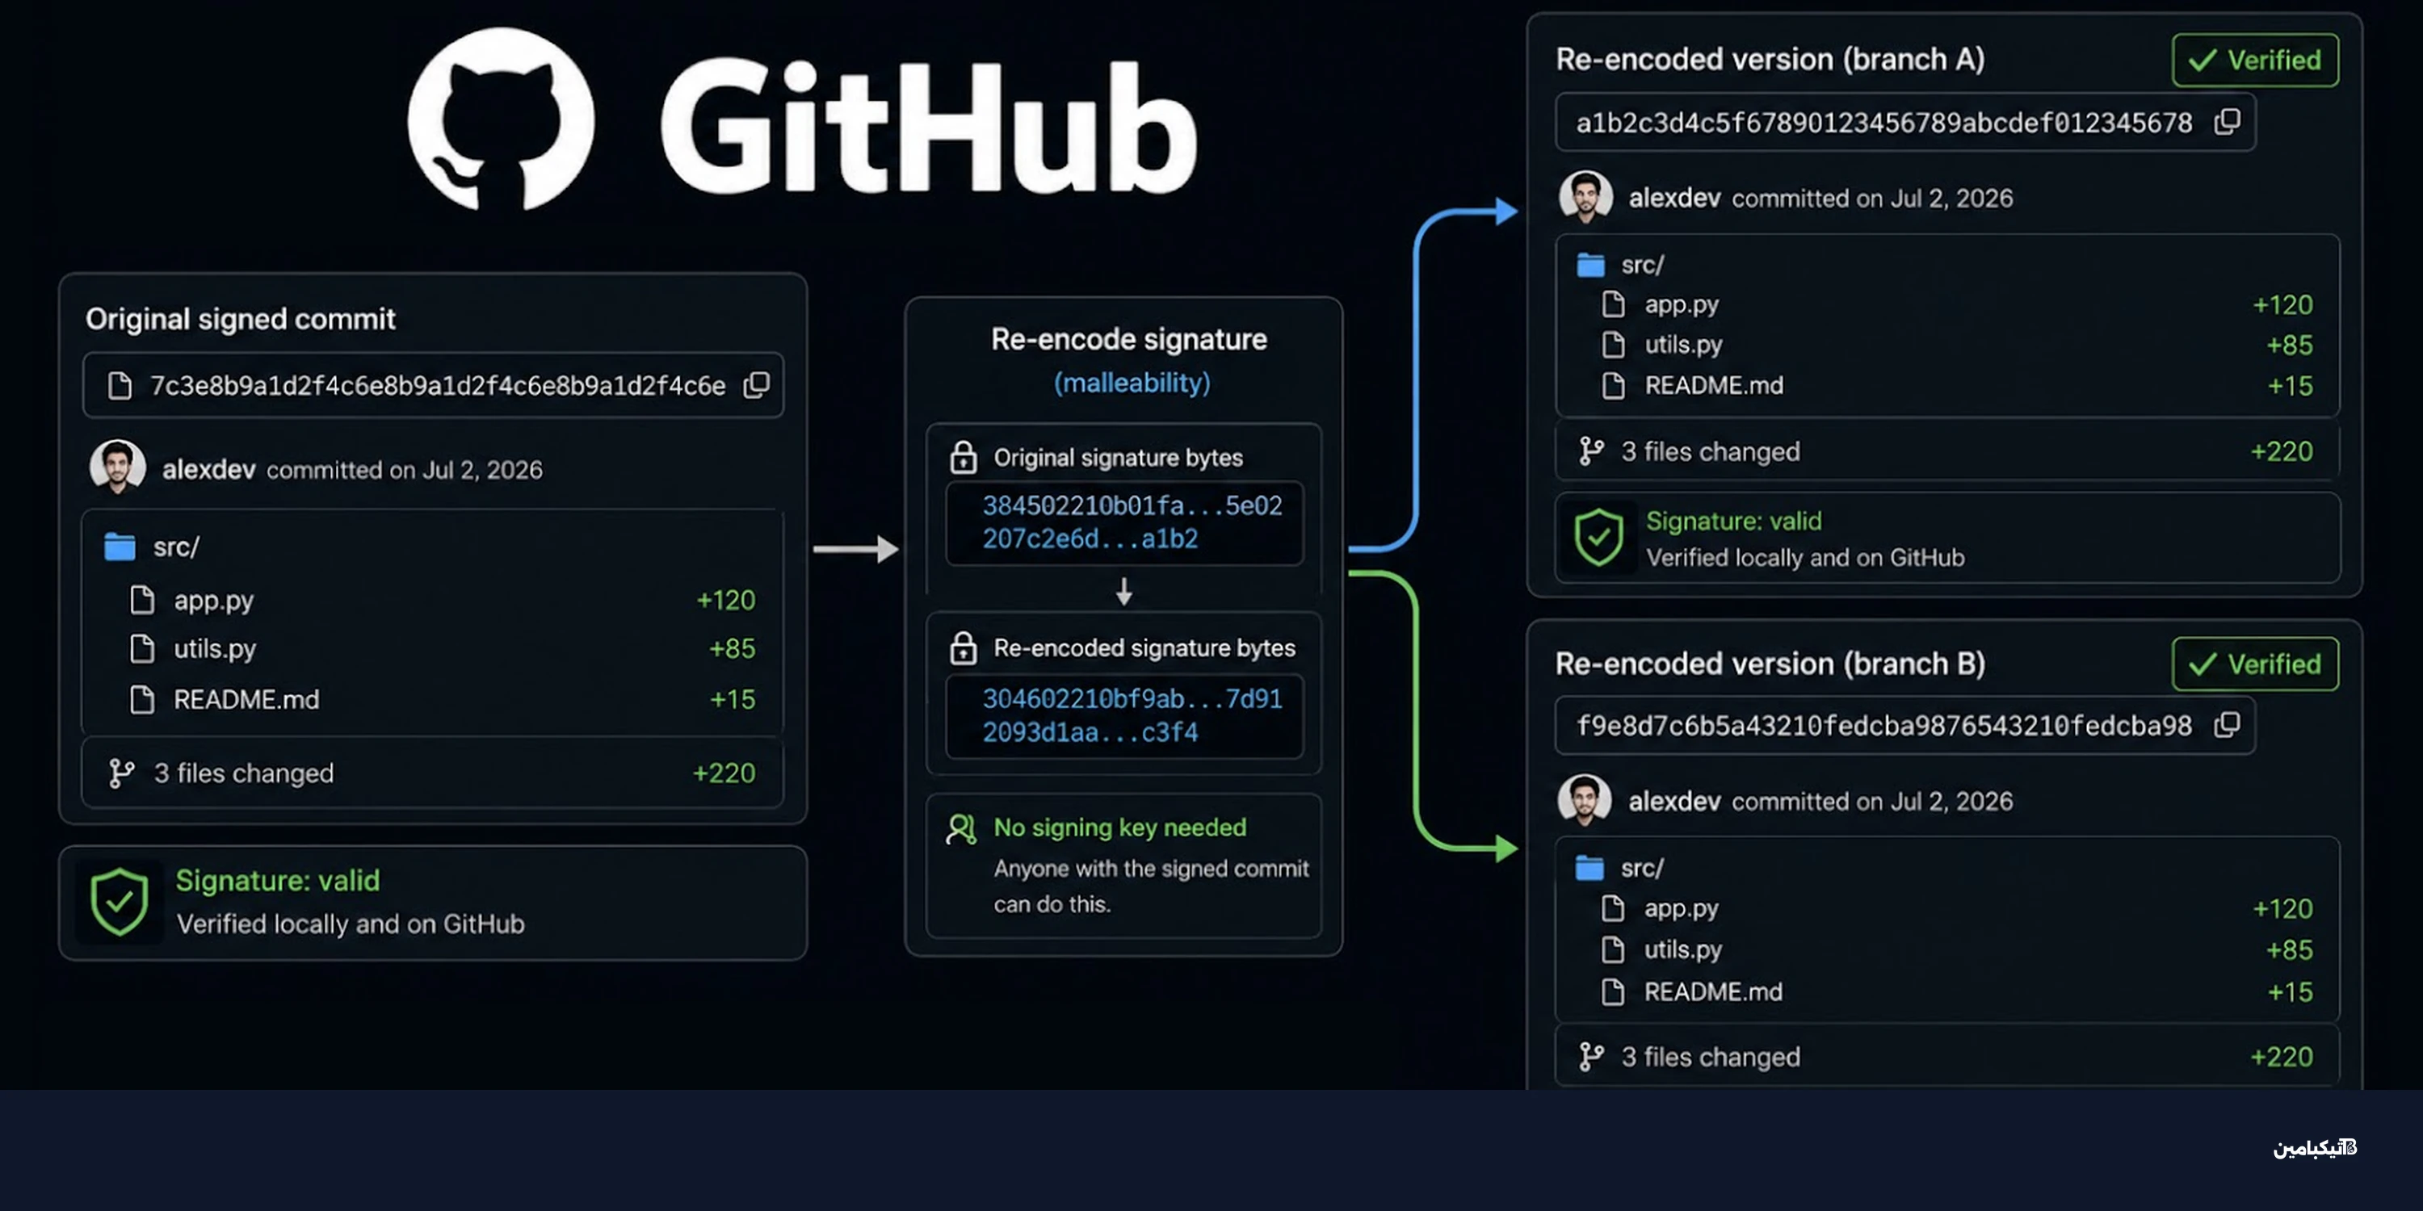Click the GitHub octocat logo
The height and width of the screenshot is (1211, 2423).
pyautogui.click(x=501, y=119)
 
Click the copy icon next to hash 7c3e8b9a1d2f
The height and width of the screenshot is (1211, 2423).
pyautogui.click(x=756, y=384)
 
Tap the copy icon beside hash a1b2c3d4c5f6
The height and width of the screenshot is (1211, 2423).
pyautogui.click(x=2227, y=121)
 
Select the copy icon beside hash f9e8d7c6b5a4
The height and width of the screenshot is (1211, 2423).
pyautogui.click(x=2227, y=725)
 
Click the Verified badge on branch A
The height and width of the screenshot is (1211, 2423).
pyautogui.click(x=2255, y=61)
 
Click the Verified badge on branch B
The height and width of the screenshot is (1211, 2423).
pyautogui.click(x=2255, y=664)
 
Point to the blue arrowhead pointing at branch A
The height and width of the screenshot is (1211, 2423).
pyautogui.click(x=1507, y=211)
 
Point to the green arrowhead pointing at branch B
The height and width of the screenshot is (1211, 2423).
pyautogui.click(x=1507, y=848)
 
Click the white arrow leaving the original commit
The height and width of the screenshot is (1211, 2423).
pyautogui.click(x=855, y=548)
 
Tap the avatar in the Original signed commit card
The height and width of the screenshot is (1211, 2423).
pyautogui.click(x=118, y=467)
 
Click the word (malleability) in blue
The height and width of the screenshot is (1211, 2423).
pyautogui.click(x=1132, y=383)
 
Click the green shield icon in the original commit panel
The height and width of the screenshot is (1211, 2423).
pyautogui.click(x=120, y=902)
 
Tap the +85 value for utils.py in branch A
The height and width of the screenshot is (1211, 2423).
pyautogui.click(x=2290, y=345)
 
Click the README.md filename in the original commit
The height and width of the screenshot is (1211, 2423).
pyautogui.click(x=246, y=699)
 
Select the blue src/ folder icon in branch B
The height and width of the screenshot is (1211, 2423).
pyautogui.click(x=1589, y=868)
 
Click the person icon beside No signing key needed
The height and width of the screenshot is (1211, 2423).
pyautogui.click(x=961, y=828)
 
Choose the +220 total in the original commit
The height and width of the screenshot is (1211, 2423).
pyautogui.click(x=724, y=773)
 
